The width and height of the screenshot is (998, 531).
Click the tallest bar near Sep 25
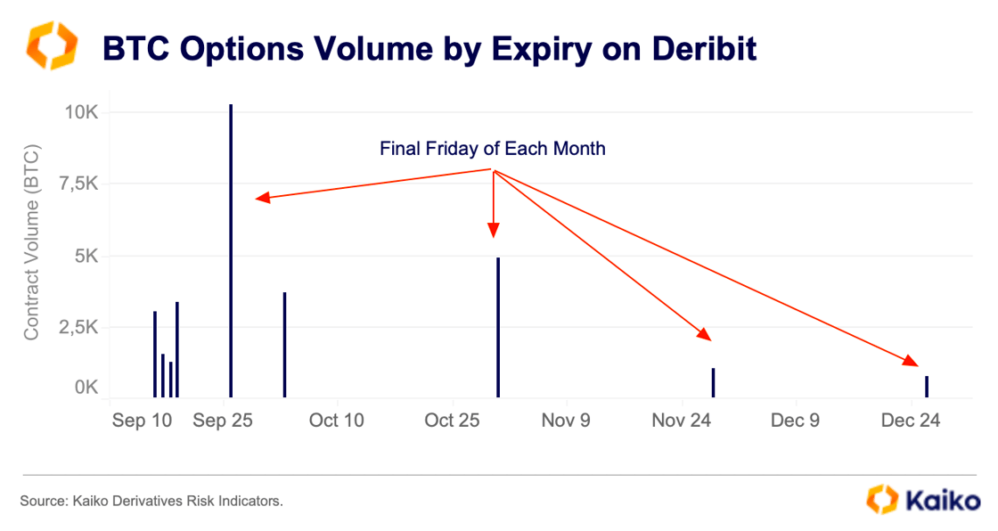pyautogui.click(x=231, y=250)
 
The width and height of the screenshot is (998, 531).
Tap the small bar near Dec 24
pyautogui.click(x=927, y=387)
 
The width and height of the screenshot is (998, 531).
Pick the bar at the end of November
pyautogui.click(x=714, y=382)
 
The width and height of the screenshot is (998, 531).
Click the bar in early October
pyautogui.click(x=284, y=344)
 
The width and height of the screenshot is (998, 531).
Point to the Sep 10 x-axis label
pyautogui.click(x=142, y=420)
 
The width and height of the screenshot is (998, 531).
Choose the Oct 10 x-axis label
pyautogui.click(x=336, y=420)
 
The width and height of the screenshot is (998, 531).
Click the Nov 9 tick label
pyautogui.click(x=566, y=420)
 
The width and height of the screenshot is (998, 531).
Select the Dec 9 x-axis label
pyautogui.click(x=796, y=420)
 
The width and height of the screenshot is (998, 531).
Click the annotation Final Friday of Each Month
pyautogui.click(x=493, y=149)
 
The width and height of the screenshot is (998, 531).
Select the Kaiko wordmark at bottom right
pyautogui.click(x=942, y=501)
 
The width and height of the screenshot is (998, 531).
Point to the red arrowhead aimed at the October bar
pyautogui.click(x=494, y=231)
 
